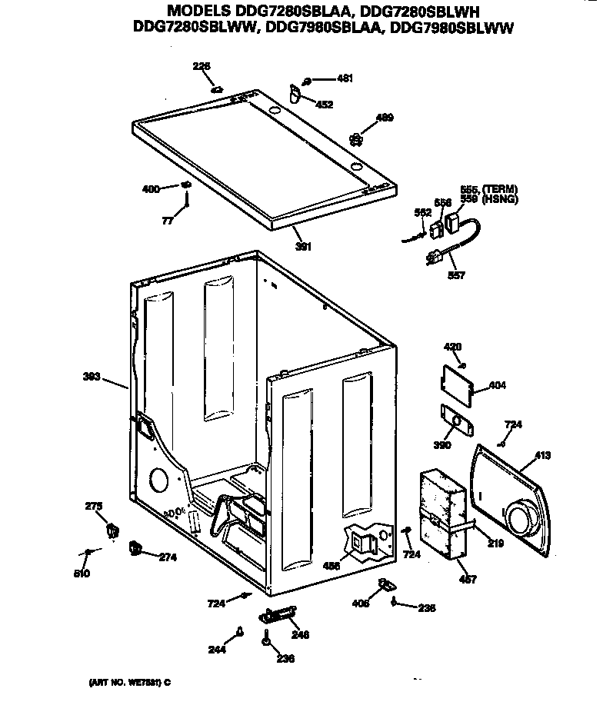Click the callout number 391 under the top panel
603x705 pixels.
(303, 247)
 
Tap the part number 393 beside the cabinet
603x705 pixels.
(92, 376)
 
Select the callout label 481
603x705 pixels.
(345, 78)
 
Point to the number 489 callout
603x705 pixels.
(384, 118)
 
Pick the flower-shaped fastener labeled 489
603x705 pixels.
(355, 139)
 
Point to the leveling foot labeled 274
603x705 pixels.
(136, 547)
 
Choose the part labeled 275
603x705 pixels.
(112, 529)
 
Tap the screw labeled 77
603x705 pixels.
(186, 205)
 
